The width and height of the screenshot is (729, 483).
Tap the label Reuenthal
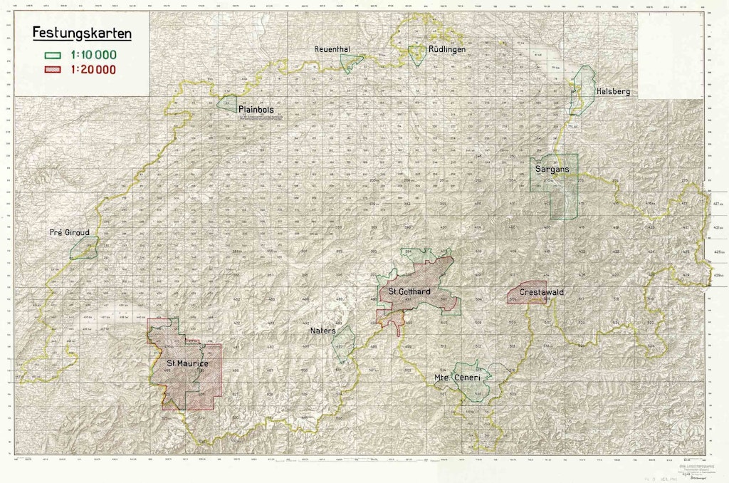click(x=339, y=49)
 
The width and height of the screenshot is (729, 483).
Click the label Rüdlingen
click(x=447, y=49)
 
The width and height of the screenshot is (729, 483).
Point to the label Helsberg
click(x=614, y=92)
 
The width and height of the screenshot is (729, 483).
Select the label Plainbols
click(x=256, y=110)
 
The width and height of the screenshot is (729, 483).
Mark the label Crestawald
click(x=542, y=292)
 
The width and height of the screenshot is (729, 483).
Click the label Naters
click(x=322, y=331)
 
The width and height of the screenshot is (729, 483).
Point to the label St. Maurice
click(x=183, y=364)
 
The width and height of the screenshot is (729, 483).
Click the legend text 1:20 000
click(x=93, y=69)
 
